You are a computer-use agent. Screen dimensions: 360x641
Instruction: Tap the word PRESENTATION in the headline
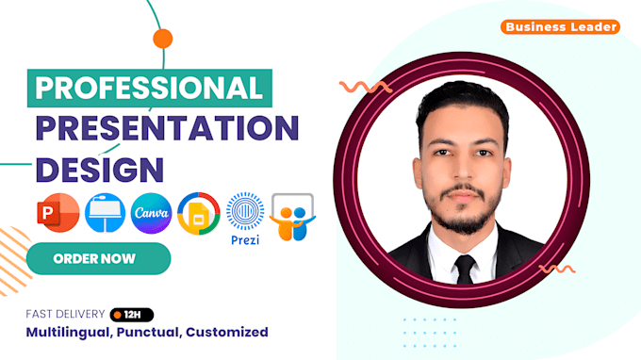tap(167, 127)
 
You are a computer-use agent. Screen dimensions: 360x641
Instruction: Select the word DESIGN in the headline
tap(98, 169)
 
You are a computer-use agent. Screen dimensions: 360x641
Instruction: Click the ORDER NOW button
tap(94, 257)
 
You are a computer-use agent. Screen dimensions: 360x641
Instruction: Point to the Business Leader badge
tap(561, 27)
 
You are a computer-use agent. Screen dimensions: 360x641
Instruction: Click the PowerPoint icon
tap(53, 214)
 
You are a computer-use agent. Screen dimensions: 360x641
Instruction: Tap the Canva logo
tap(151, 214)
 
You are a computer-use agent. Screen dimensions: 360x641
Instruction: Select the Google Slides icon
tap(199, 214)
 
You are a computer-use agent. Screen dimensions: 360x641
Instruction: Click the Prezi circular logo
tap(246, 211)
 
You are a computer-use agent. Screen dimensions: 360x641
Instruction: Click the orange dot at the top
tap(163, 39)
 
